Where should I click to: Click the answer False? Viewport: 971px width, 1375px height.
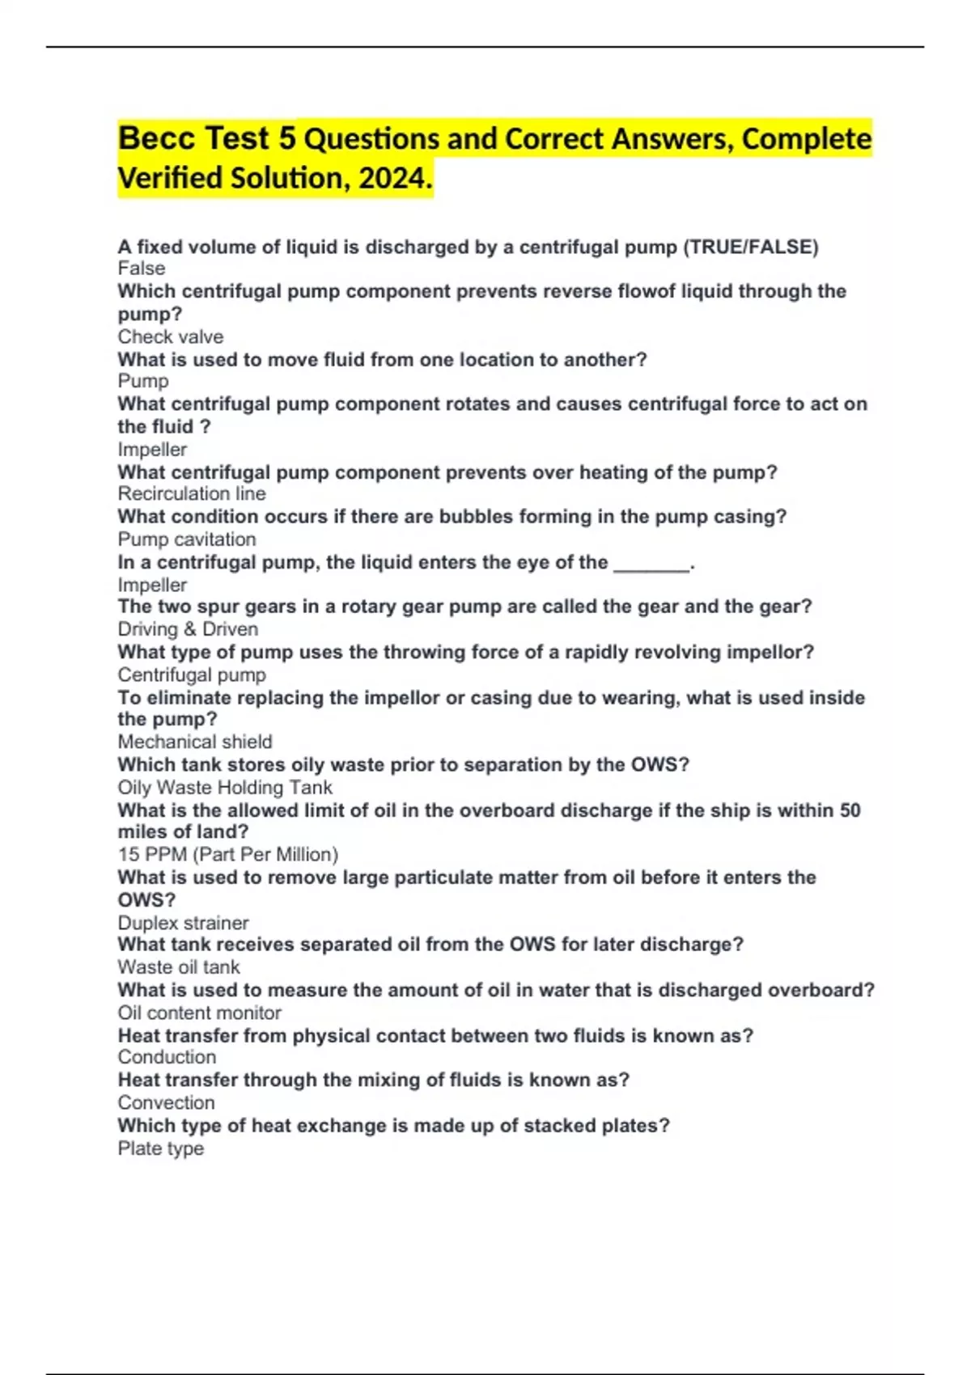tap(142, 269)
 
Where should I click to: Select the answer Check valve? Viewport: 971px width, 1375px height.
tap(171, 336)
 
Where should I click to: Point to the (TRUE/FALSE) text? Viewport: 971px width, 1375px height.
tap(751, 247)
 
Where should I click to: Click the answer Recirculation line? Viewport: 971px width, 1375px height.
tap(192, 493)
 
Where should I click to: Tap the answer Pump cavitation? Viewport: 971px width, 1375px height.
tap(187, 539)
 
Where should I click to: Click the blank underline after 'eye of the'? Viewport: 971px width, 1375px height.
tap(652, 564)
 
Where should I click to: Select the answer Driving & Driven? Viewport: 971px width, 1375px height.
tap(188, 629)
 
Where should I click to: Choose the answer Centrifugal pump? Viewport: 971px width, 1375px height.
tap(192, 675)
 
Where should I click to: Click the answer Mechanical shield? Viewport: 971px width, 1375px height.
tap(195, 742)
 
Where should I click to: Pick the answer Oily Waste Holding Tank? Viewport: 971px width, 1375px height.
tap(225, 788)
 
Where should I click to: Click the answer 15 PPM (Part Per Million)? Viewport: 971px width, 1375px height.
tap(228, 854)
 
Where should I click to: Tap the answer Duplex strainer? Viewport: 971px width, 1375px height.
tap(183, 923)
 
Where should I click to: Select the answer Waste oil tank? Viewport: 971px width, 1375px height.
tap(179, 967)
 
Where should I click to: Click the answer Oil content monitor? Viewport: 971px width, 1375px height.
tap(199, 1013)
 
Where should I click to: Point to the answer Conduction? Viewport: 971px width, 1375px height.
tap(167, 1057)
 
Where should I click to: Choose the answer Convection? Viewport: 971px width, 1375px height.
tap(166, 1102)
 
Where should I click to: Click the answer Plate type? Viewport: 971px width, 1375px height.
tap(160, 1149)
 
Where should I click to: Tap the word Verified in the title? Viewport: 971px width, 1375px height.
tap(170, 178)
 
